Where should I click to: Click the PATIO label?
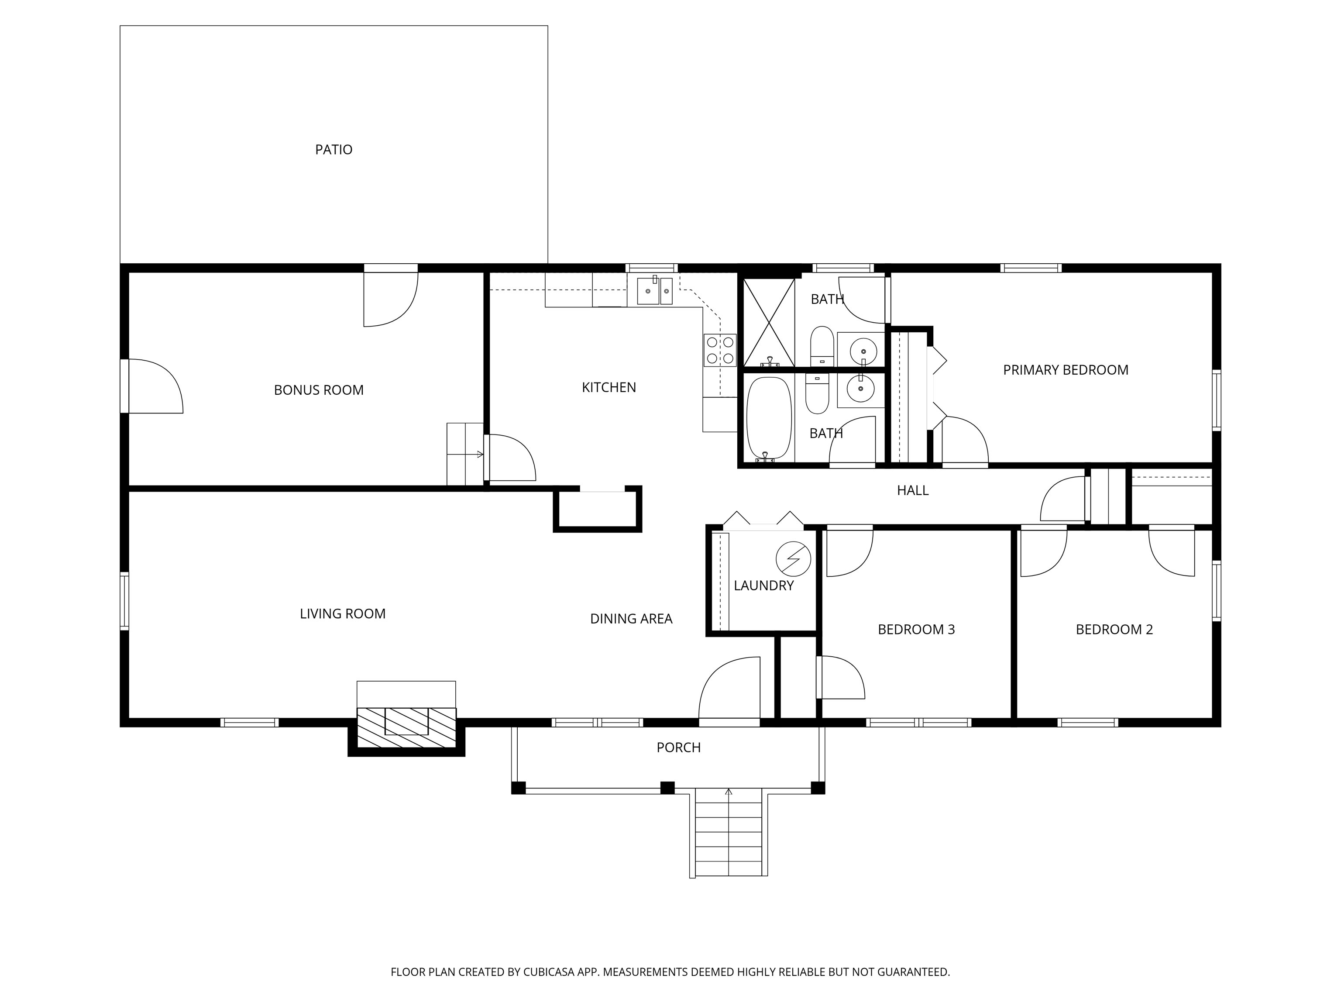[334, 150]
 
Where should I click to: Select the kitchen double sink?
[654, 292]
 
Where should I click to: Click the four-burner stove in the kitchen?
[719, 350]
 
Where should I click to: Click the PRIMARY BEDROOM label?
[1065, 370]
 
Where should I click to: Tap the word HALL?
[912, 491]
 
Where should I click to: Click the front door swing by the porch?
[729, 691]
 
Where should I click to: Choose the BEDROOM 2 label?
[1114, 630]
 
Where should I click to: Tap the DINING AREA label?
[631, 619]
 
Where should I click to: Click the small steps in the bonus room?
[465, 454]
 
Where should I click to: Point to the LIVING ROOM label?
[343, 613]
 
